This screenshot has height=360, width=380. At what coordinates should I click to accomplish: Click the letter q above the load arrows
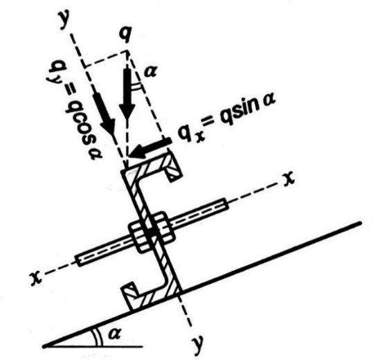pyautogui.click(x=127, y=34)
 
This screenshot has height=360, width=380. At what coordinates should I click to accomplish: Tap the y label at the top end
pyautogui.click(x=64, y=20)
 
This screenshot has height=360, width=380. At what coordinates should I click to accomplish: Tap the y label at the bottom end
pyautogui.click(x=198, y=344)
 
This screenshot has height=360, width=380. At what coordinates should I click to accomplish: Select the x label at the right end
pyautogui.click(x=289, y=179)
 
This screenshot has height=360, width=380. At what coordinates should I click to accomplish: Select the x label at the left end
pyautogui.click(x=36, y=278)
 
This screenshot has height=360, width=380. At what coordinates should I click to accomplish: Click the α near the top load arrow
pyautogui.click(x=150, y=71)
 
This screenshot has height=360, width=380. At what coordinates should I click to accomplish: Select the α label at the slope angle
pyautogui.click(x=114, y=334)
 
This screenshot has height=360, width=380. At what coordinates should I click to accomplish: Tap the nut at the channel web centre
pyautogui.click(x=151, y=232)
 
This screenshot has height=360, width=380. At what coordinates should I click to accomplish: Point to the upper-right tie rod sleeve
pyautogui.click(x=199, y=213)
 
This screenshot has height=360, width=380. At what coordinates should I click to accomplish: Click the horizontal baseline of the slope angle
pyautogui.click(x=93, y=347)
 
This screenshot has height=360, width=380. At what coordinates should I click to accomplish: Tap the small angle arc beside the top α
pyautogui.click(x=136, y=85)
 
